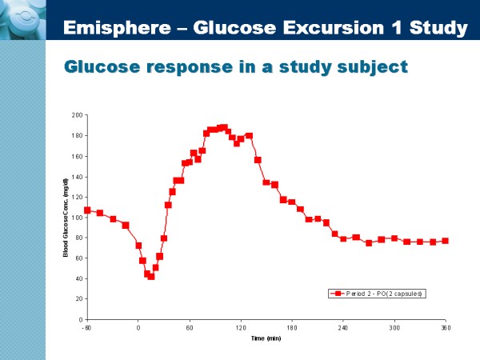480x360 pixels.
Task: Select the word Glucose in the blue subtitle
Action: click(x=105, y=66)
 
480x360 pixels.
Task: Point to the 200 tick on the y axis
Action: click(x=78, y=115)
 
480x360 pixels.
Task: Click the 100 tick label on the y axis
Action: click(x=78, y=218)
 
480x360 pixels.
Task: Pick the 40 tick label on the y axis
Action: click(x=79, y=278)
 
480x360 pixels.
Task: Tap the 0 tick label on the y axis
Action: click(x=81, y=319)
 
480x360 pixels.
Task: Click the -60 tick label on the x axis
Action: click(x=86, y=328)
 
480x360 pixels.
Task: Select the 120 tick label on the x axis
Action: click(x=241, y=328)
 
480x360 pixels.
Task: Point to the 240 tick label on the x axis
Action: click(x=343, y=328)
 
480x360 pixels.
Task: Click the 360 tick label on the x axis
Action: click(x=446, y=328)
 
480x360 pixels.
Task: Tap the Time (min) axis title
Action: click(x=266, y=338)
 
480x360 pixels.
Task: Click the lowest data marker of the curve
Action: click(x=151, y=276)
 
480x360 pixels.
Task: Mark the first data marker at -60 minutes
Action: click(x=87, y=210)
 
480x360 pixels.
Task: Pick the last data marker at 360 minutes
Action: click(x=446, y=241)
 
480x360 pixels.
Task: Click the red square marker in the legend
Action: click(x=339, y=294)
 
